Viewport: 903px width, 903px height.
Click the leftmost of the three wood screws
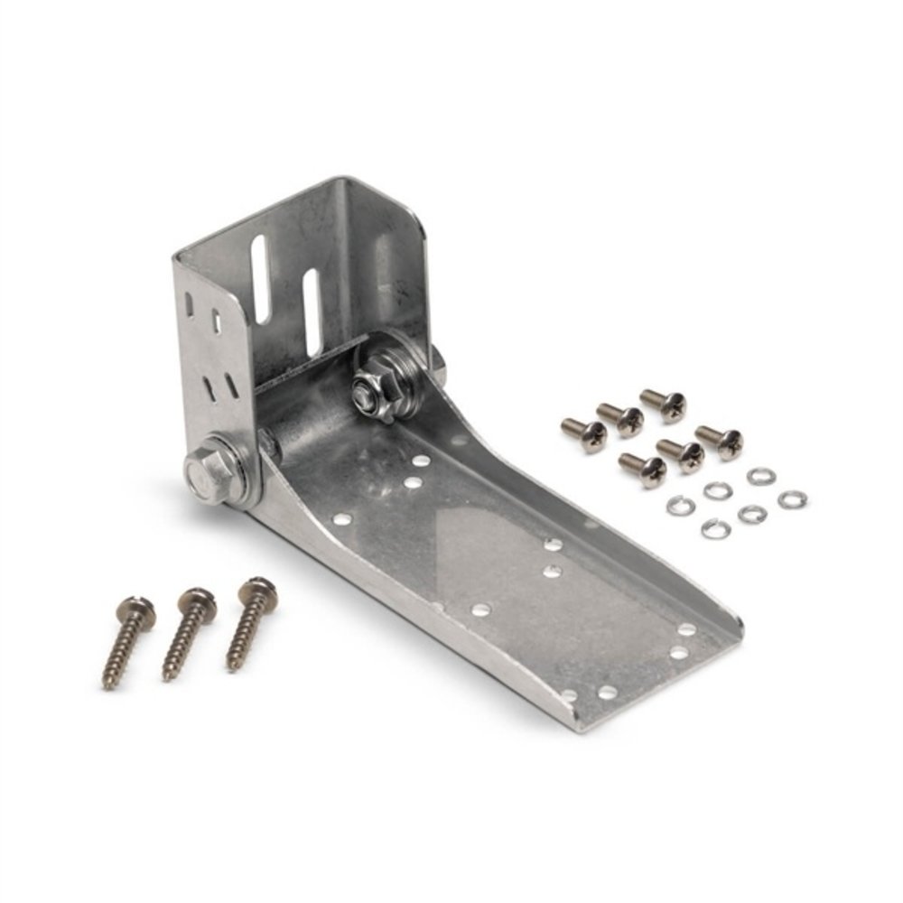[126, 642]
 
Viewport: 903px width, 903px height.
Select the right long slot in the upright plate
[313, 312]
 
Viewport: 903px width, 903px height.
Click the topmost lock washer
[759, 475]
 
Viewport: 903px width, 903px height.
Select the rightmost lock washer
[792, 498]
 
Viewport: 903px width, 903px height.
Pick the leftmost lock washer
[681, 506]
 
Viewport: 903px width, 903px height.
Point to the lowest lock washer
[715, 528]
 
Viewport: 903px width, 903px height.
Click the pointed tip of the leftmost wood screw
[107, 686]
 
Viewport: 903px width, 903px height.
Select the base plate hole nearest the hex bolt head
[341, 519]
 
